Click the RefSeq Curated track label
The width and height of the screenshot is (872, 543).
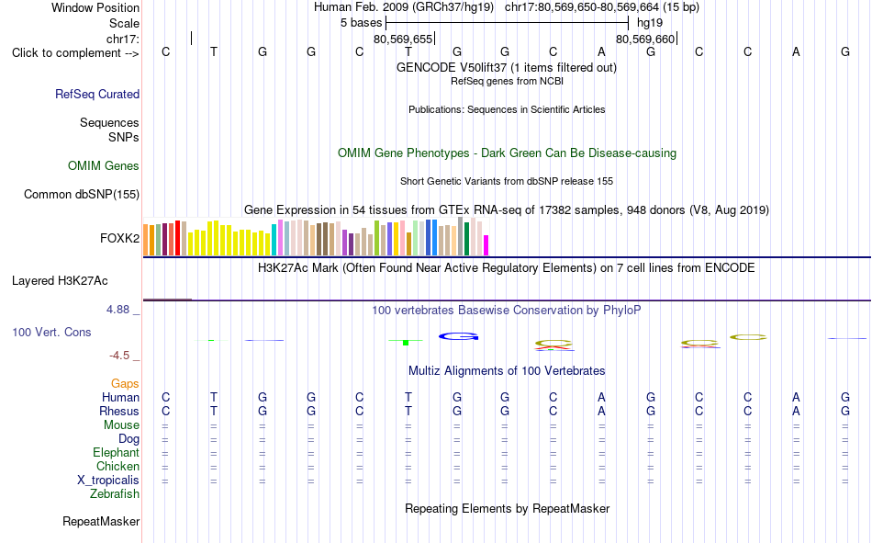[x=97, y=94]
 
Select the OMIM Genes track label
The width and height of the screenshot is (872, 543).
[x=104, y=166]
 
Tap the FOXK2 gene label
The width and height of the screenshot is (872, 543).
[x=119, y=238]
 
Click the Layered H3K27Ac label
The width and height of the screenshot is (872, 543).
[x=60, y=281]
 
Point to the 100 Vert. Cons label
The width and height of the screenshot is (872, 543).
[x=51, y=333]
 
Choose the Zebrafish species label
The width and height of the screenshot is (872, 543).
[x=115, y=494]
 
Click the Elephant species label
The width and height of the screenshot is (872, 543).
[x=116, y=453]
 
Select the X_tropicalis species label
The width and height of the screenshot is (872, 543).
[x=108, y=481]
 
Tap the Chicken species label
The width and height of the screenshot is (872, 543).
[x=117, y=466]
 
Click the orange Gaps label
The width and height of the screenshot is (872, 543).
[x=125, y=384]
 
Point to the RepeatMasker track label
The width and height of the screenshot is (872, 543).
[x=101, y=522]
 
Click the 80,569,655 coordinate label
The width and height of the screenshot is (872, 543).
[x=403, y=39]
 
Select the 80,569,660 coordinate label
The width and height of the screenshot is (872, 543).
[x=645, y=39]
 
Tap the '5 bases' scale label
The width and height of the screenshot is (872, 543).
[x=362, y=23]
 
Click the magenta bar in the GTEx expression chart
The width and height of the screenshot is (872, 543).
[x=486, y=245]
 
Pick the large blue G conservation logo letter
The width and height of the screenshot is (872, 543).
[x=458, y=336]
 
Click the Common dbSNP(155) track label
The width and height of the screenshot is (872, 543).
[x=82, y=195]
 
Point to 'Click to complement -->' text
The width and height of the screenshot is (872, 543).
[x=75, y=53]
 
